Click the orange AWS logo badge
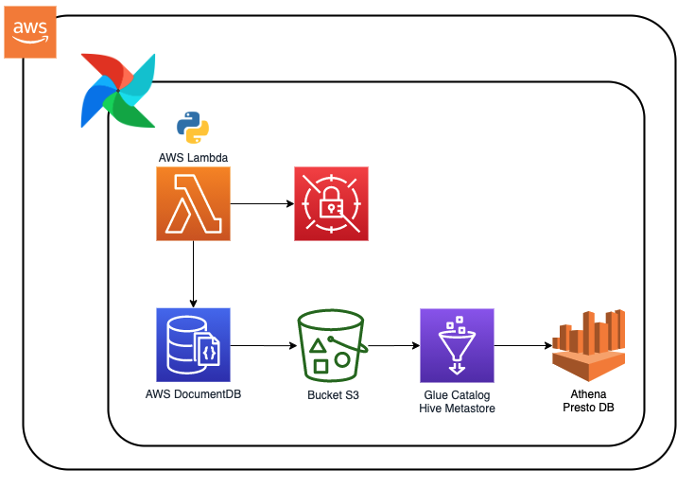30,31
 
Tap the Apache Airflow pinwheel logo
118,90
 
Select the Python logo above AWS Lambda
193,127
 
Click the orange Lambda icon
193,203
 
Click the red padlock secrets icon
331,203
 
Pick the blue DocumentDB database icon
193,344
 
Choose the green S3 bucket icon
331,345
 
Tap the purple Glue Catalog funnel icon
458,345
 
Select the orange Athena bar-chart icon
588,344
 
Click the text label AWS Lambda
193,156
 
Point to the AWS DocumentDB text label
193,393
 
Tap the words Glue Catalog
458,395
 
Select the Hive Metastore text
458,409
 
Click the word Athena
588,393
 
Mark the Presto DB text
588,408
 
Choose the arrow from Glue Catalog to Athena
522,346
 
